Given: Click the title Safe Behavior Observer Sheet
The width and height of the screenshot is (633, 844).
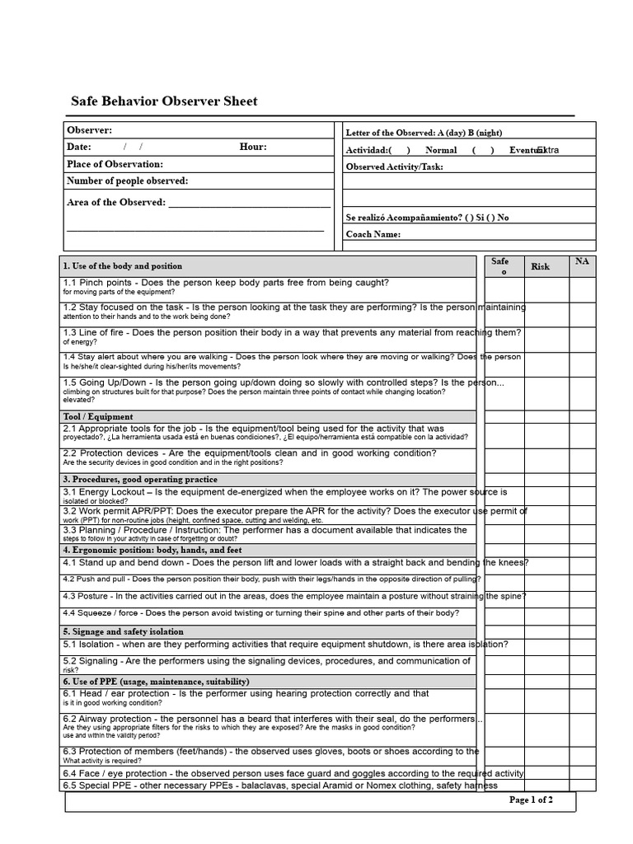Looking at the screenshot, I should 163,101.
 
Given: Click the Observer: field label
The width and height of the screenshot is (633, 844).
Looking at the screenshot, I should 89,130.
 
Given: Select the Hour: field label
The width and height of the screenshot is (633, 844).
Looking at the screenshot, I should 253,147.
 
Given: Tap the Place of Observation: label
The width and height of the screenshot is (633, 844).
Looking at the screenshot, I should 115,164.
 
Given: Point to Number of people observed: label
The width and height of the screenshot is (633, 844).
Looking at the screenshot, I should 127,181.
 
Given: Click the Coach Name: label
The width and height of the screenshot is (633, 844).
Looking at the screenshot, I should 373,234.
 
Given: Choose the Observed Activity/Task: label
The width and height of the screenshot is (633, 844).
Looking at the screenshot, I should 394,166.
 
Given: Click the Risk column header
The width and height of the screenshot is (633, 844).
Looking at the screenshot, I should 540,266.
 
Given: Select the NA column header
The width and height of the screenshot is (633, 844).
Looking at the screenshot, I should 582,261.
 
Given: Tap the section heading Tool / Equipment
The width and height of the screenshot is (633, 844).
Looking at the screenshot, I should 98,417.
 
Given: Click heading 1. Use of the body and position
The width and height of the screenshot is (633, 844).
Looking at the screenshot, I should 122,266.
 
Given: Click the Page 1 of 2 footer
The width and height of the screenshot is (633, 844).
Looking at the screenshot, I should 531,799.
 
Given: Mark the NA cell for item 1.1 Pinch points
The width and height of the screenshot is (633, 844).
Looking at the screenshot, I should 582,288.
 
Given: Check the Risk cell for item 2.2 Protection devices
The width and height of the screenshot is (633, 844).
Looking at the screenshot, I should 546,459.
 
